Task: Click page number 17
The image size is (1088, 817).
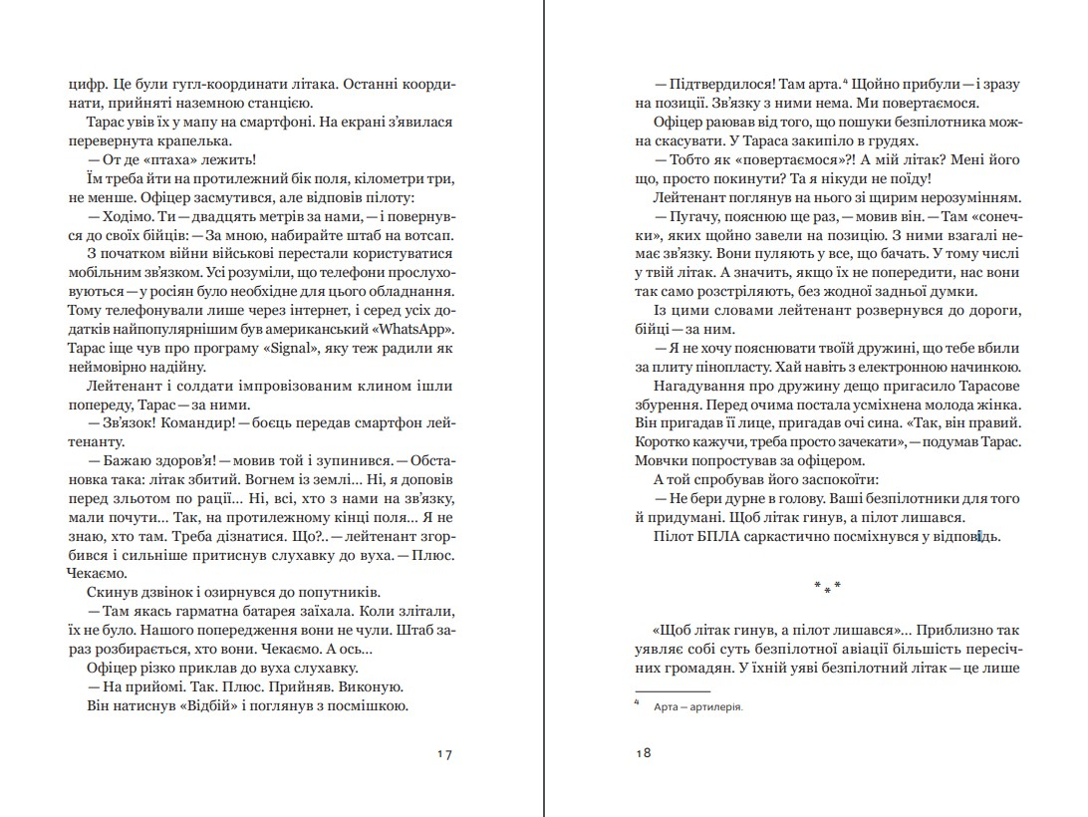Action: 445,753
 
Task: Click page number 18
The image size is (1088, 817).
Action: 643,753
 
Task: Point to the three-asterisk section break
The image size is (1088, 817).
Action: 827,585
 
